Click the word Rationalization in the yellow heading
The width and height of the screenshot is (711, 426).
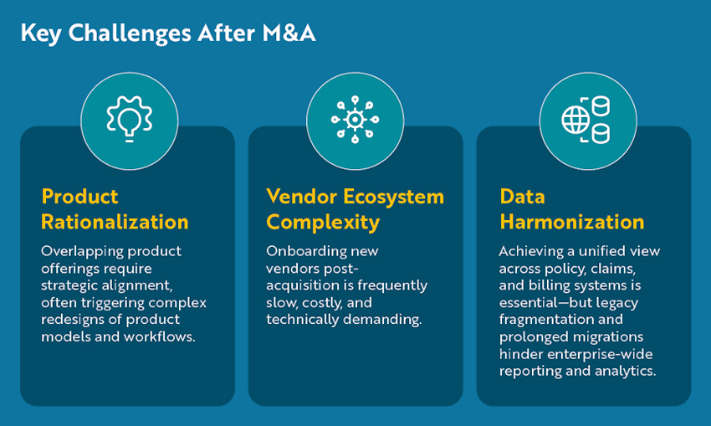(x=115, y=222)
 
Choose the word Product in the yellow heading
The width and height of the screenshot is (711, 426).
(x=80, y=197)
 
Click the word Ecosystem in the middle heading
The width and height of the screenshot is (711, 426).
(x=392, y=197)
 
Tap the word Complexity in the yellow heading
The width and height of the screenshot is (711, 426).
(x=323, y=222)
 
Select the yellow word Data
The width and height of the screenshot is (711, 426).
(x=523, y=197)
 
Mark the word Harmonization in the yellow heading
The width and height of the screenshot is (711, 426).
(x=572, y=222)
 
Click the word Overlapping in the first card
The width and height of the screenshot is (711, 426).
(x=81, y=251)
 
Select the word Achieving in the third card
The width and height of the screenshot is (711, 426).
(x=532, y=251)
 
